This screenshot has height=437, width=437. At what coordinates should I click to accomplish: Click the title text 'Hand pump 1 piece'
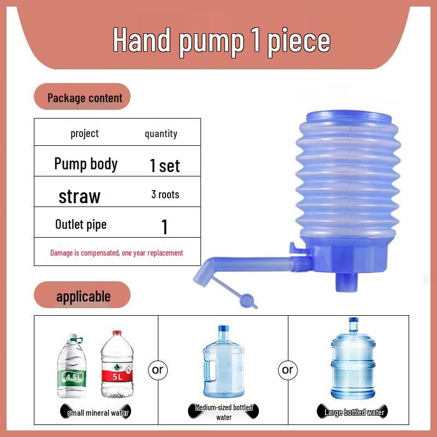[221, 41]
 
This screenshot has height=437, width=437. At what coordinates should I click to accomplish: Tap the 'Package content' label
[85, 98]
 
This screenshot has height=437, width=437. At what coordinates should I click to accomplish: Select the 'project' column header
[85, 133]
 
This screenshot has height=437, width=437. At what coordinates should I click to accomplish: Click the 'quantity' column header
[161, 134]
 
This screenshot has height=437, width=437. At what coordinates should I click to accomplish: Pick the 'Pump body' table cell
[86, 164]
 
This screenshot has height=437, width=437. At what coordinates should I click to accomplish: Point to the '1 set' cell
[164, 166]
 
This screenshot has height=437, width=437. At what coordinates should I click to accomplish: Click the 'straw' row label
[80, 196]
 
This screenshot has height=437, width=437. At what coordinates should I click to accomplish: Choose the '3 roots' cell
[165, 194]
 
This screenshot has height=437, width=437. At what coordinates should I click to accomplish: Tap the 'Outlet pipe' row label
[81, 224]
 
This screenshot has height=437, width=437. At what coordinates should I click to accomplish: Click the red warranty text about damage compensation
[116, 253]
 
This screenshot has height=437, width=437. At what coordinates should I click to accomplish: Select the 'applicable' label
[83, 297]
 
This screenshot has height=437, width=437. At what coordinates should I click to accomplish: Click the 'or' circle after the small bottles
[157, 370]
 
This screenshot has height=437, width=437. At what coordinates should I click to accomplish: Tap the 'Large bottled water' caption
[354, 412]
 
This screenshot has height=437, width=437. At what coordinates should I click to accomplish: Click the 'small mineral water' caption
[98, 413]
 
